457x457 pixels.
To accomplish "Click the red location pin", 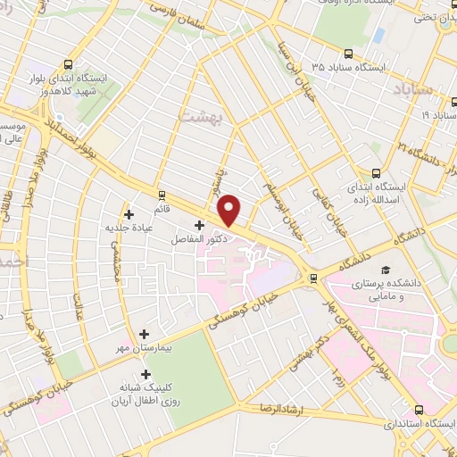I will coord(229,209).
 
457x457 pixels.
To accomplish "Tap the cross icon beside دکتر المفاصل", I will coord(198,226).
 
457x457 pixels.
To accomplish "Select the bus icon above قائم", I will coord(162,195).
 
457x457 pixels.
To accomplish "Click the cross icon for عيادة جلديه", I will coord(129,214).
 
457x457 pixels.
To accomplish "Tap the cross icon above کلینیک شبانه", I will coord(145,375).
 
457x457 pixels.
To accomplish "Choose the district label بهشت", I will coord(197,117).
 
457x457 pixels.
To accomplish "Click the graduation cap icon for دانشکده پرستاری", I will coord(385,270).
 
